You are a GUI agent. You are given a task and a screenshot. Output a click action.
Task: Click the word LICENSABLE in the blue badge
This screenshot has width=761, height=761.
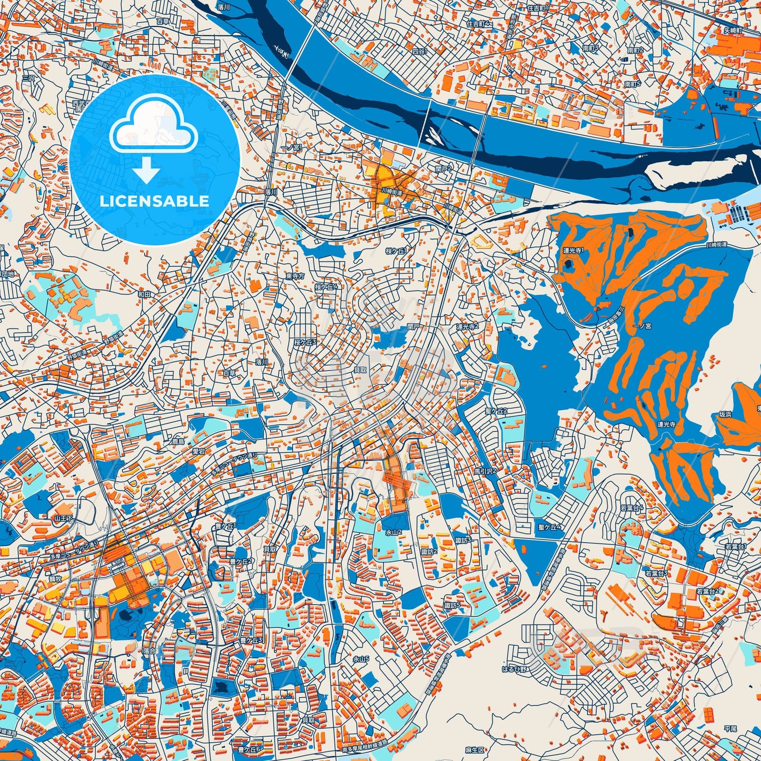click(154, 201)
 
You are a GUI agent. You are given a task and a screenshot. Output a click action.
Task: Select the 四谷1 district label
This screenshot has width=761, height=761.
click(420, 52)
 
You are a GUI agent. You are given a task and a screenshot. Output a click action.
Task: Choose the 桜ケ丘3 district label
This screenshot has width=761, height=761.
click(305, 342)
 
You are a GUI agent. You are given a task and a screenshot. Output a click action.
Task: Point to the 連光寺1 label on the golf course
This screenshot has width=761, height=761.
click(572, 251)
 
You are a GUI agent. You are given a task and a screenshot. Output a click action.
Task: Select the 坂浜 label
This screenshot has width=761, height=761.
click(725, 414)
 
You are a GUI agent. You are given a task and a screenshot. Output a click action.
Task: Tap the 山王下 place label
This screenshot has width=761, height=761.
click(62, 519)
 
